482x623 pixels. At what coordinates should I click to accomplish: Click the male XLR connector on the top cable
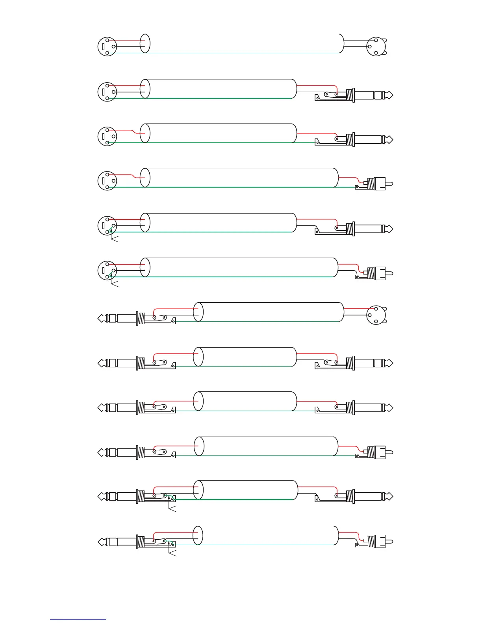(x=376, y=47)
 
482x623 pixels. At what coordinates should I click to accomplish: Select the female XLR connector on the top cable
(x=107, y=47)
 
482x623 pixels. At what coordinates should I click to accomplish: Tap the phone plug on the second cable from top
(x=370, y=95)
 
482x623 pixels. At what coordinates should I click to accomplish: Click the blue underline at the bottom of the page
(x=78, y=620)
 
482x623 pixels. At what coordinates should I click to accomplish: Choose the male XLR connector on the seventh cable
(x=376, y=315)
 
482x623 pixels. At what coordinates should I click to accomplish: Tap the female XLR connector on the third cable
(x=107, y=136)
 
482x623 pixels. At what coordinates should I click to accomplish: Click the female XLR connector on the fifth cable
(x=107, y=226)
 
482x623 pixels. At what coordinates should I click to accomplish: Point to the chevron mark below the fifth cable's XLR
(x=114, y=240)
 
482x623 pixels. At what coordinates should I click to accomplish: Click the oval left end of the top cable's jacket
(x=145, y=43)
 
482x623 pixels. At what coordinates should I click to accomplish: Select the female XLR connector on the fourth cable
(x=107, y=181)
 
